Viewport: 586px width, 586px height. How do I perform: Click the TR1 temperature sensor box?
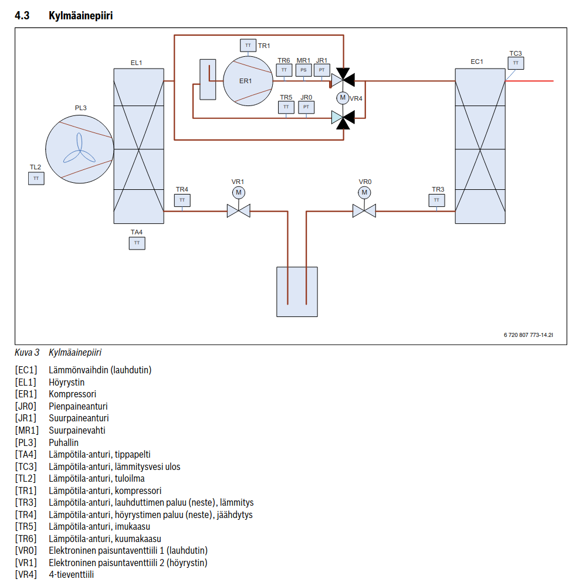(248, 45)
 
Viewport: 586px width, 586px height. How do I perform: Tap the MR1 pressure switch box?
(303, 70)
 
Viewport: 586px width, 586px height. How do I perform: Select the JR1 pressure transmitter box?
(322, 70)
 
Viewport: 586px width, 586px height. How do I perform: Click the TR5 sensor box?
(286, 107)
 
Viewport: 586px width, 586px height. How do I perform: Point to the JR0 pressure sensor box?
(306, 107)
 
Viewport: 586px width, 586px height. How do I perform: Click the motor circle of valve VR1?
(239, 193)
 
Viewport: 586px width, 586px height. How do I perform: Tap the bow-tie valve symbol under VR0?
(364, 211)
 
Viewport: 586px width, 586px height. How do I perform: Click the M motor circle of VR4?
(343, 98)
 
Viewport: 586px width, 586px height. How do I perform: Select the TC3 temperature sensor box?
(516, 63)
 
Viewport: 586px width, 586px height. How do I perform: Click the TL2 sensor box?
(36, 178)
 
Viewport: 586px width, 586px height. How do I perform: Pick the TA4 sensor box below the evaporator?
(137, 243)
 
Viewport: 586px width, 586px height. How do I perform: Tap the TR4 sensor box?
(182, 200)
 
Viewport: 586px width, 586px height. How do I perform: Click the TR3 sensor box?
(436, 200)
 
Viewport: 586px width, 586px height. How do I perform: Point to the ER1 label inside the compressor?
(245, 81)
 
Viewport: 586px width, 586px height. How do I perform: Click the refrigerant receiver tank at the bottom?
(297, 292)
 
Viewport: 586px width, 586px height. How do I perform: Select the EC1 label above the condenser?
(477, 62)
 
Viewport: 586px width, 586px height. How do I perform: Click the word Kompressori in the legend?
(72, 394)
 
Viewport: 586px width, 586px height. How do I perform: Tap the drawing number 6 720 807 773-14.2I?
(528, 335)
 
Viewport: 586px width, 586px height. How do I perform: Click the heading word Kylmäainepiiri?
(80, 16)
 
